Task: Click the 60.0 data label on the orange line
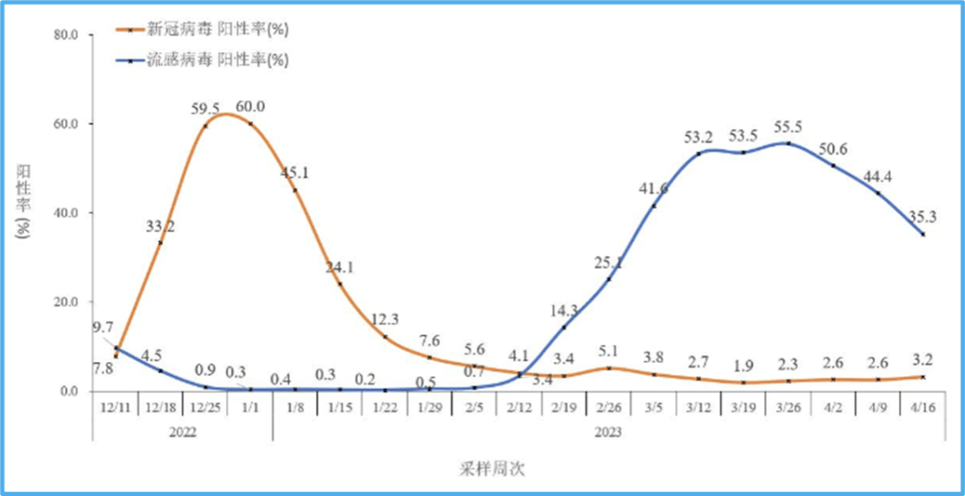coord(251,107)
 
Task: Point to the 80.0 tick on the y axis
coord(67,35)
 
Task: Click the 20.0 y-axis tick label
coord(67,302)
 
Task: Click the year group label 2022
coord(183,431)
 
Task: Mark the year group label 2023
coord(608,431)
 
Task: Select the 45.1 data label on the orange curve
coord(295,172)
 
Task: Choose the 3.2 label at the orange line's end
coord(923,361)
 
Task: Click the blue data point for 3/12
coord(699,154)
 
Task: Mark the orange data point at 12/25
coord(206,126)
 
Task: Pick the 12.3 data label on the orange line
coord(385,319)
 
